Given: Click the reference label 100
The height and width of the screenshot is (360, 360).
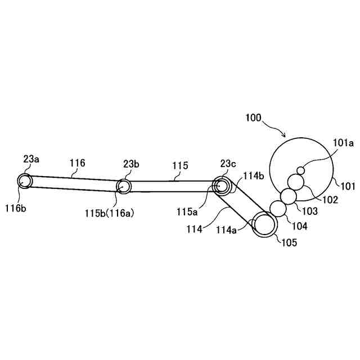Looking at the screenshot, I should point(253,118).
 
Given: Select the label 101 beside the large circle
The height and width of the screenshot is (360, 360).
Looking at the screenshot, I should point(346,184).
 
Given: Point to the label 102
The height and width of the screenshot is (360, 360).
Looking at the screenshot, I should point(330,199).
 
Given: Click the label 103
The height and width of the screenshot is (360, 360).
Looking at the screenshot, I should point(310,211).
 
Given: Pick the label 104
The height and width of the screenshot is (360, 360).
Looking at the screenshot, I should point(300,227).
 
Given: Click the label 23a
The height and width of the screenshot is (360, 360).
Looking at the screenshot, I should point(31,159).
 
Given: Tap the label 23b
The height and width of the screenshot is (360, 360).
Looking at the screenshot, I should point(131,164).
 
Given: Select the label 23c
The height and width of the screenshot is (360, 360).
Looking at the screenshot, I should point(228,164).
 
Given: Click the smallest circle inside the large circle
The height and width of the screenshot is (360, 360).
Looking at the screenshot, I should point(301,170).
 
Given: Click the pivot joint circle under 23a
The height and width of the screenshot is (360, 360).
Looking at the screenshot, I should point(25,181).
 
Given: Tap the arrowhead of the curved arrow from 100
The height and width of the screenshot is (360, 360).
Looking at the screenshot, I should point(286,136).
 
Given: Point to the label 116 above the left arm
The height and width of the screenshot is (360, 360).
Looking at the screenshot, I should point(78,163).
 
